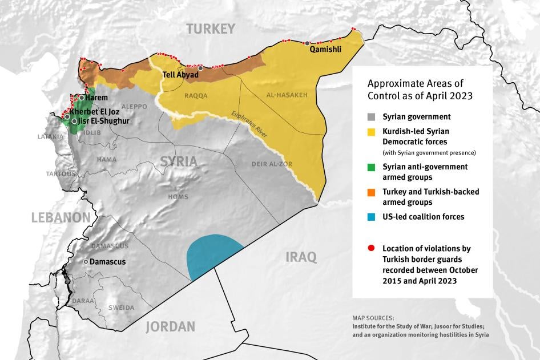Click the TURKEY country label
coord(210,29)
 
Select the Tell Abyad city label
coord(180,75)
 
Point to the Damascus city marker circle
coord(86,261)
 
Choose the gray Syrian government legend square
coord(372,117)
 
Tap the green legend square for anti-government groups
coord(372,167)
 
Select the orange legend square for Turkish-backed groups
coord(372,192)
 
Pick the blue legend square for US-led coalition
coord(372,217)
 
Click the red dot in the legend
coord(372,249)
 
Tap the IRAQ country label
coord(301,257)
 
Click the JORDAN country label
coord(170,327)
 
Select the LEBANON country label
coord(61,217)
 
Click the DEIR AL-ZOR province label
coord(272,164)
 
